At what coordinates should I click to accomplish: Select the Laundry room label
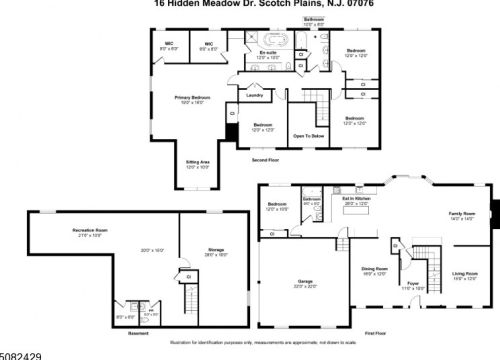(254, 95)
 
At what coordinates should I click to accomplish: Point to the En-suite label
(269, 51)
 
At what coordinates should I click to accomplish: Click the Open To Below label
(306, 135)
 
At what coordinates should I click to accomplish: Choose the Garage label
(306, 282)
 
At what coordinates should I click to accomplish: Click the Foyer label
(411, 284)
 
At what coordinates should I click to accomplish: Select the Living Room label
(465, 274)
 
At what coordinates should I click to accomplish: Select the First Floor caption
(375, 332)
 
